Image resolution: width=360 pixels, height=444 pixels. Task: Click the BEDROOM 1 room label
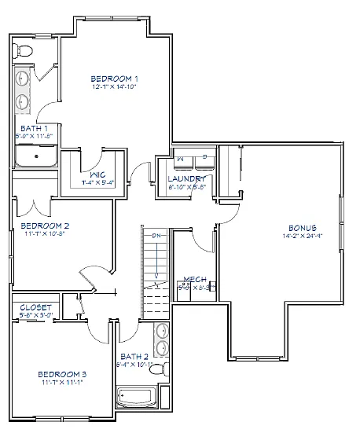114,79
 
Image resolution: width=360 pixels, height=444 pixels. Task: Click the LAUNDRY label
186,179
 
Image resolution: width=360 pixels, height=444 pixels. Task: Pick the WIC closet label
97,174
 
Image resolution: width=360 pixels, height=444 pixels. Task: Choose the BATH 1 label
34,128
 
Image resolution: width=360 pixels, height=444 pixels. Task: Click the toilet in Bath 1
24,50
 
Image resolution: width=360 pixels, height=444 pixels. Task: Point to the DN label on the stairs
156,236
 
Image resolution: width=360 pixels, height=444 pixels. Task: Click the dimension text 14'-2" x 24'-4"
303,235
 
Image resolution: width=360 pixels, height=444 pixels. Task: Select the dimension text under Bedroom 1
115,87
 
